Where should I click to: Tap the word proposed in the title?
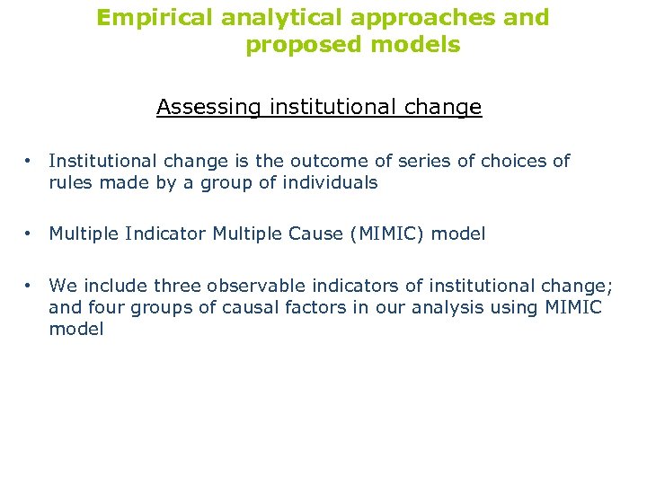(297, 45)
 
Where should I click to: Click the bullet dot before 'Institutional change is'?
(30, 161)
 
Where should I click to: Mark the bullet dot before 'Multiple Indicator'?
(30, 234)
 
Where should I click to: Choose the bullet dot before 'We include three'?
(30, 286)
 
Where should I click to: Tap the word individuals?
(332, 182)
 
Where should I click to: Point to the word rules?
(68, 182)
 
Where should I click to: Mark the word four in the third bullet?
(96, 308)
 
